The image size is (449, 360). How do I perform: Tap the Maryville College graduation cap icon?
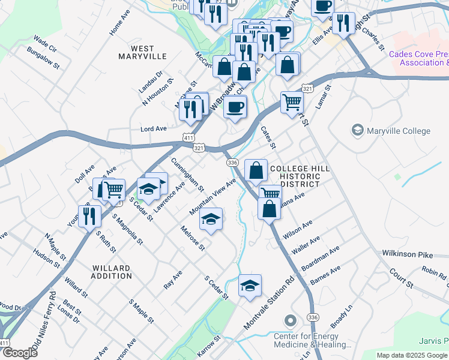click(x=358, y=130)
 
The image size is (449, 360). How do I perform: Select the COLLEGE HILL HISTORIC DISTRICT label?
click(x=300, y=177)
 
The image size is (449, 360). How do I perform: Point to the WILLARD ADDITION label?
click(x=112, y=272)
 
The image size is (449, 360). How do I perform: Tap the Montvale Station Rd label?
click(x=269, y=303)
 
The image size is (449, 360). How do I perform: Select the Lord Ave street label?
click(x=153, y=129)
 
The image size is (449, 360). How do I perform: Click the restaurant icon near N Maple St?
click(x=89, y=216)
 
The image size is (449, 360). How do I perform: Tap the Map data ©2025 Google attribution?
click(x=412, y=355)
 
